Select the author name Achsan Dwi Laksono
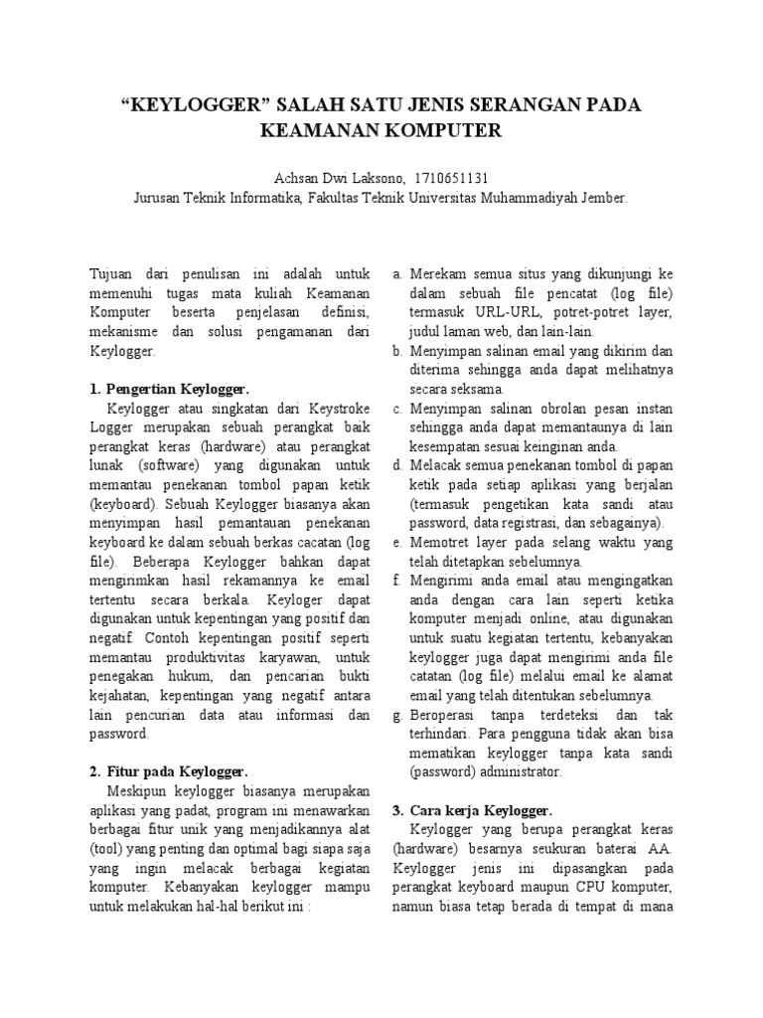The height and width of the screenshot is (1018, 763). pos(325,178)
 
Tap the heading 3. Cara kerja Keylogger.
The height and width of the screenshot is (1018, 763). pos(471,809)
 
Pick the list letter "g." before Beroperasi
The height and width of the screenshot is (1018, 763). pos(396,716)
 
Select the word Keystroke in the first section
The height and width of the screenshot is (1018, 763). pos(337,407)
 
